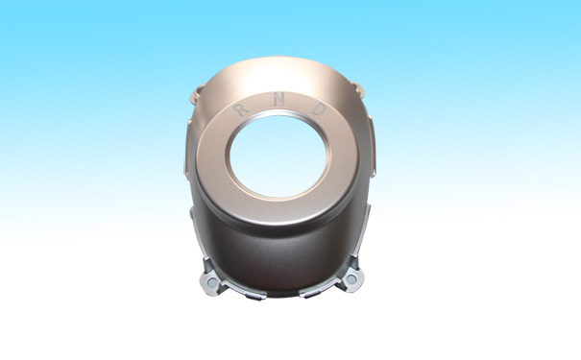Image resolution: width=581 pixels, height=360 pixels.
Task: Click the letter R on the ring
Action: pyautogui.click(x=241, y=109)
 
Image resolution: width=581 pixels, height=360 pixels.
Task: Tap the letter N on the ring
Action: pyautogui.click(x=279, y=100)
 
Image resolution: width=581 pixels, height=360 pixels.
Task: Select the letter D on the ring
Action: pyautogui.click(x=319, y=108)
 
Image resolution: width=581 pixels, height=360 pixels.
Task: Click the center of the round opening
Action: pyautogui.click(x=278, y=156)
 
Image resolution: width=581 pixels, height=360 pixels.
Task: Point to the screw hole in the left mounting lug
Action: pyautogui.click(x=212, y=282)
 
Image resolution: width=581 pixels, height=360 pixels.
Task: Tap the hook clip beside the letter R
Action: pyautogui.click(x=197, y=93)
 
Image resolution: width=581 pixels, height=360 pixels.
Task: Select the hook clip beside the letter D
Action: pyautogui.click(x=358, y=90)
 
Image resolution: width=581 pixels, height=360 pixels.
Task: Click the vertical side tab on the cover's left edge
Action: pyautogui.click(x=187, y=148)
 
